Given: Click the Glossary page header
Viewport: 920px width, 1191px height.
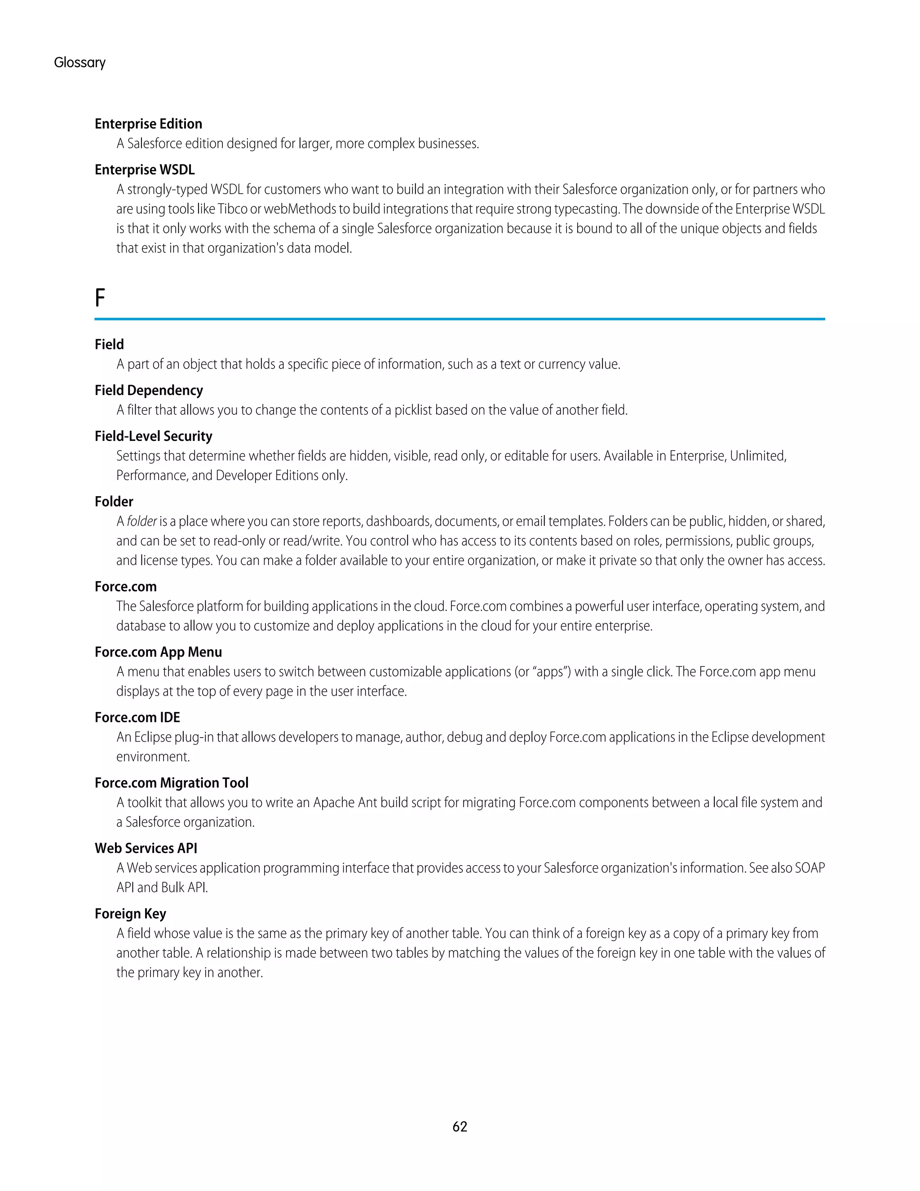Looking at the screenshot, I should click(80, 63).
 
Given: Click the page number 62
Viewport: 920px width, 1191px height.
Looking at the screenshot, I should click(460, 1127).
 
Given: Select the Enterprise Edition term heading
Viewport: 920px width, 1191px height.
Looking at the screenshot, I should click(148, 124).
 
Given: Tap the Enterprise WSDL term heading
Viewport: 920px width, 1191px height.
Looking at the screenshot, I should click(145, 169).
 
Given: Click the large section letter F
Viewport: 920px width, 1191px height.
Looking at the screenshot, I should click(100, 298).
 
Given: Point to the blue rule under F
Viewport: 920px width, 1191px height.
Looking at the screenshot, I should click(460, 319).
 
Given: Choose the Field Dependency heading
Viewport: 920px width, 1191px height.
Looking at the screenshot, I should click(148, 390).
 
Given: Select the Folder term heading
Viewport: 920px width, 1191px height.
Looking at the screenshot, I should click(114, 501).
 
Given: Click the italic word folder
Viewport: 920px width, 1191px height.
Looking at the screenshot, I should click(142, 521).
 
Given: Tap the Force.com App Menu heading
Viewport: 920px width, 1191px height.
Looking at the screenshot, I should click(158, 652).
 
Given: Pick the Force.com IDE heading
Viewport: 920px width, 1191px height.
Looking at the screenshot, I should click(137, 717).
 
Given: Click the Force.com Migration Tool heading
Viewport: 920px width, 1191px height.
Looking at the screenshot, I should click(171, 782).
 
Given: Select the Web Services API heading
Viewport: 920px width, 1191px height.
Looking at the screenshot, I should click(146, 848).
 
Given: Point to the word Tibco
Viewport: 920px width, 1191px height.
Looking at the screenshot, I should click(232, 209).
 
